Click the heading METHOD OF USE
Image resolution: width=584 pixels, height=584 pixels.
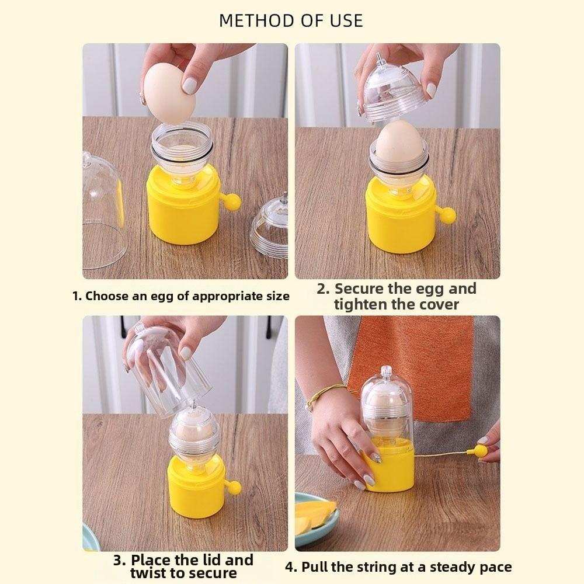click(x=291, y=20)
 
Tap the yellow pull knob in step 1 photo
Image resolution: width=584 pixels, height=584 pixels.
click(x=232, y=202)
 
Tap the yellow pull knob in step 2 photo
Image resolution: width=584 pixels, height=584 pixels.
click(x=447, y=215)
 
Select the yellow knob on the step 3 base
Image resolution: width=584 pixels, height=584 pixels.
click(x=234, y=487)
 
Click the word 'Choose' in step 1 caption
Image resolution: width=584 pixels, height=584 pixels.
click(x=107, y=296)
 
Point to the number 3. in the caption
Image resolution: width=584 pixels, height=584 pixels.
click(x=120, y=561)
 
